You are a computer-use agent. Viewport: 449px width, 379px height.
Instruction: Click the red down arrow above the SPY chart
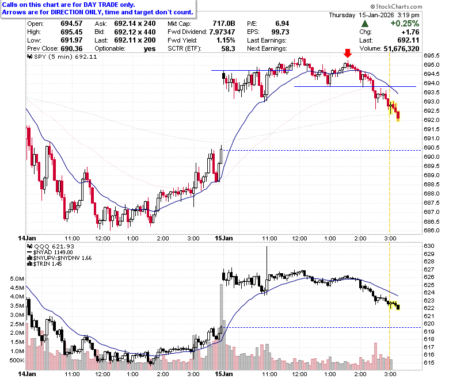click(x=348, y=53)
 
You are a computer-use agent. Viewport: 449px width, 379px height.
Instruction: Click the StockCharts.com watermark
click(x=396, y=6)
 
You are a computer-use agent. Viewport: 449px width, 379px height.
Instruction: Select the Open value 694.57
click(x=71, y=24)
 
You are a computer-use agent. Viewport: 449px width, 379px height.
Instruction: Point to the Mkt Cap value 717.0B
click(x=224, y=24)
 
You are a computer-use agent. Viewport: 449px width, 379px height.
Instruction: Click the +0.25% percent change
click(x=405, y=24)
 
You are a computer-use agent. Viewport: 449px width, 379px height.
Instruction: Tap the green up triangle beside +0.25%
click(x=365, y=24)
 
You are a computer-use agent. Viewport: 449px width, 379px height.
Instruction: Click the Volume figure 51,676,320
click(x=401, y=49)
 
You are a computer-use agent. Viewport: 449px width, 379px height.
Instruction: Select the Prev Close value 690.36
click(x=71, y=49)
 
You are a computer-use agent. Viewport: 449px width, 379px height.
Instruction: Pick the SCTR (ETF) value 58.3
click(x=228, y=49)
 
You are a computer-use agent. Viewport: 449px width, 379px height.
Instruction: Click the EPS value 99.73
click(x=280, y=32)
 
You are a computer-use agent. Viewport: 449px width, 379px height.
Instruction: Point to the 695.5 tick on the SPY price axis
click(x=432, y=55)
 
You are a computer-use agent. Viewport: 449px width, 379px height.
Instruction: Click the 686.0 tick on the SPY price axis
click(x=432, y=230)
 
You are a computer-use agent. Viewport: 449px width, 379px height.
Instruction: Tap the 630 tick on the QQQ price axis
click(x=429, y=246)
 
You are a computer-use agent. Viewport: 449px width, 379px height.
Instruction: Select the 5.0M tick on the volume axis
click(x=17, y=278)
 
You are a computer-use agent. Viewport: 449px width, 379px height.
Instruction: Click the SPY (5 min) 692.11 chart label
click(x=62, y=56)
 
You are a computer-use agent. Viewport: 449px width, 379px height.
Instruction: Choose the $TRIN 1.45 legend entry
click(x=44, y=264)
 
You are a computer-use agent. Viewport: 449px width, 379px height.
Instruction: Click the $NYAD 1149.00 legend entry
click(x=50, y=252)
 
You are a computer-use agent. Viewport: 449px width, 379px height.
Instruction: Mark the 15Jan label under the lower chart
click(x=224, y=374)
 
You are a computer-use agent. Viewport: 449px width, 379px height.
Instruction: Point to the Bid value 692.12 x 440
click(x=135, y=32)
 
